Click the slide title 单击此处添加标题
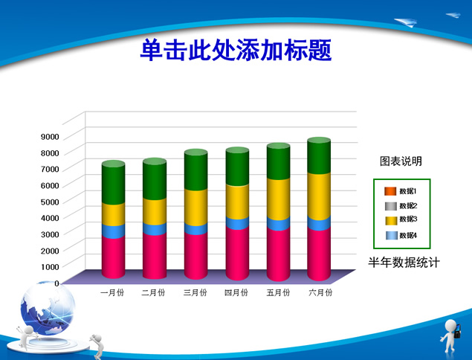point(236,50)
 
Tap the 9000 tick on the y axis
point(50,137)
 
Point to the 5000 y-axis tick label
point(50,202)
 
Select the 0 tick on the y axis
point(57,283)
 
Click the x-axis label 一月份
point(112,292)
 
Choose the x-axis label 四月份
point(236,292)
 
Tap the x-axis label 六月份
point(320,292)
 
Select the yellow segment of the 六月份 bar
point(319,196)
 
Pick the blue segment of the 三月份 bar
point(195,229)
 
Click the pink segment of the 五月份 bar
point(278,254)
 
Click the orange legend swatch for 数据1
point(390,191)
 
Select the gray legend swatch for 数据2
point(391,206)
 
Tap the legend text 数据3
point(408,219)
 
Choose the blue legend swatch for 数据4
point(392,236)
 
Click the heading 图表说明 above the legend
point(401,161)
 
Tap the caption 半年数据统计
point(404,263)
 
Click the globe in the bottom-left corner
point(48,308)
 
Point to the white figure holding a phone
point(450,335)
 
